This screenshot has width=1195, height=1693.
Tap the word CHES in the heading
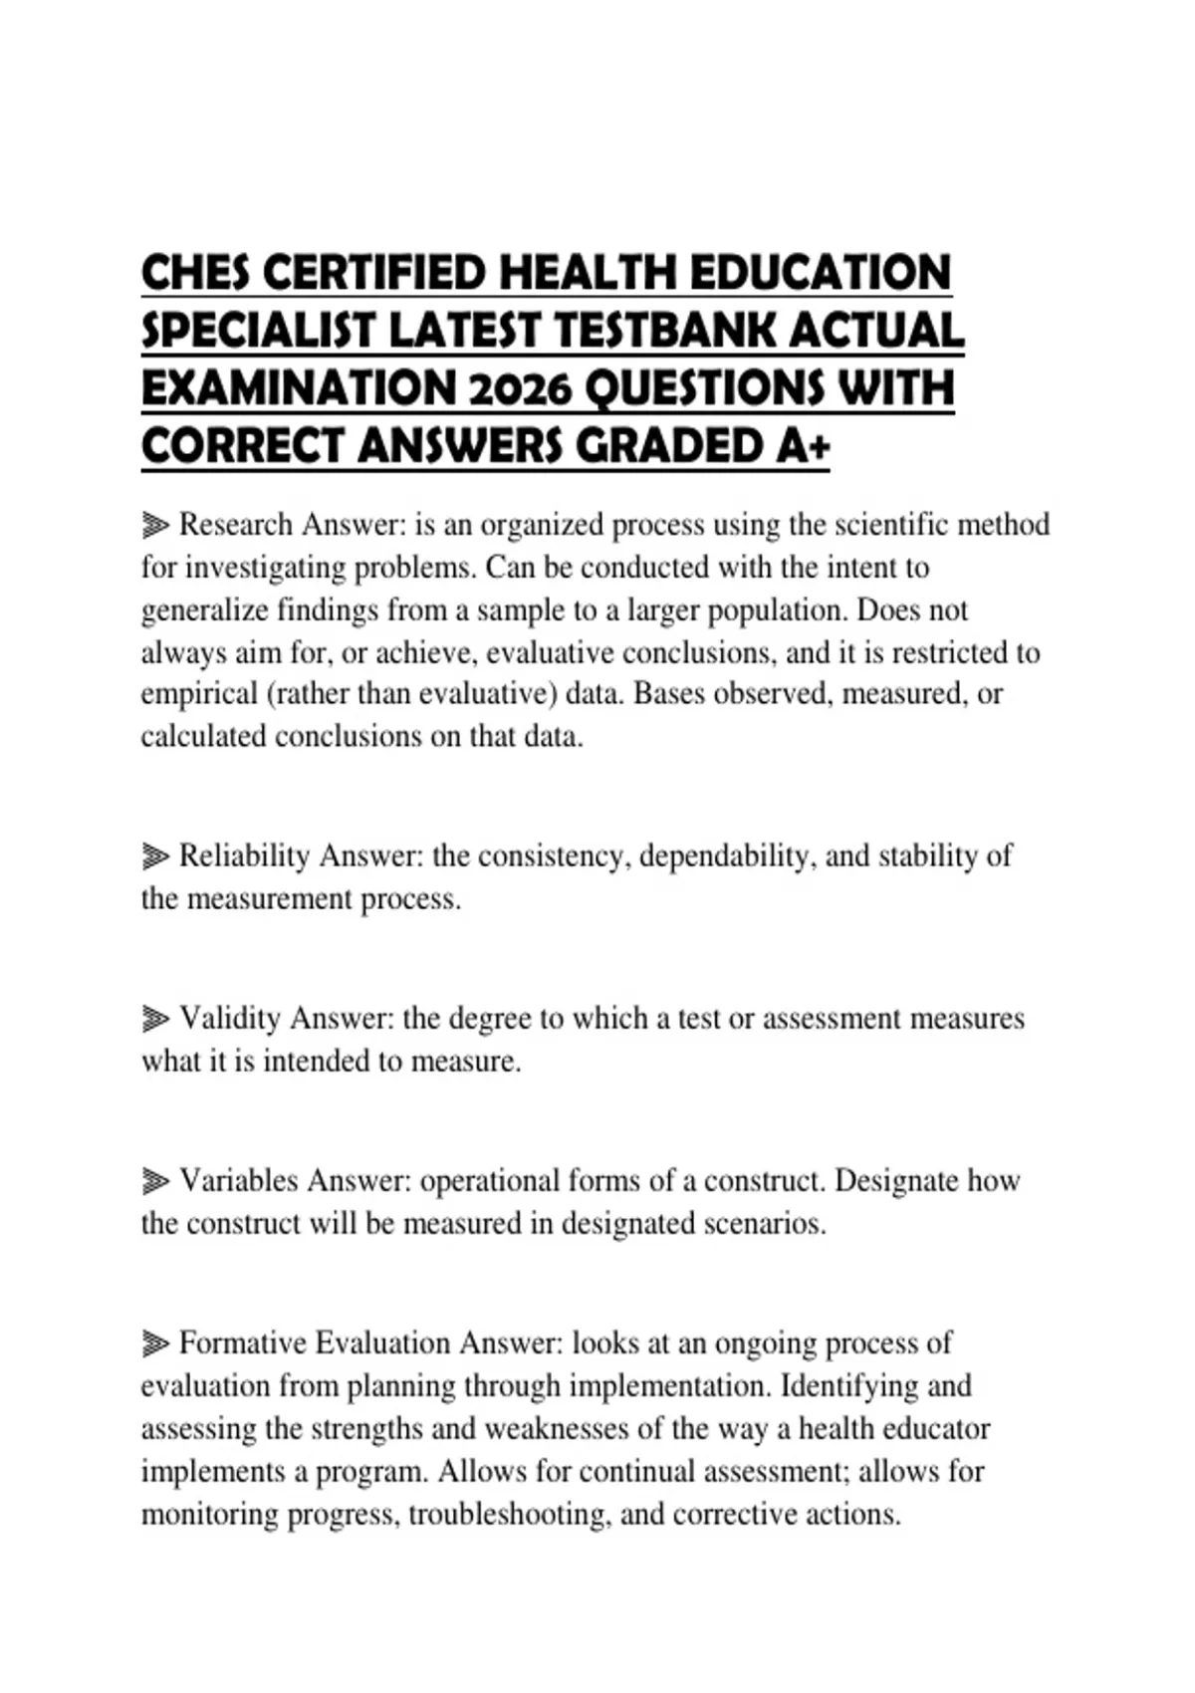coord(196,273)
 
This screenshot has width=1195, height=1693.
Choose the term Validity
coord(230,1018)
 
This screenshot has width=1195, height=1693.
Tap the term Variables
coord(239,1180)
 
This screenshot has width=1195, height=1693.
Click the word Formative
coord(243,1342)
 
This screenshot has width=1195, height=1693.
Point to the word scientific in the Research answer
coord(890,524)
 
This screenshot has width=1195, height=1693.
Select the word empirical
coord(199,693)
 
